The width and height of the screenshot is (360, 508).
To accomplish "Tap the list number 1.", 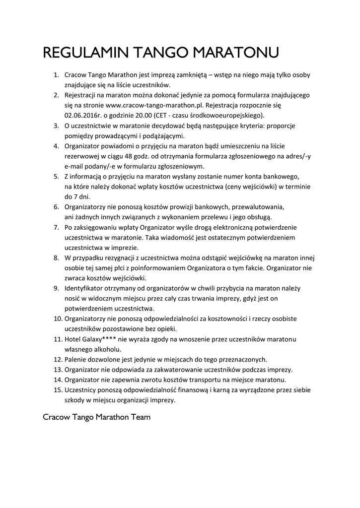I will [56, 75].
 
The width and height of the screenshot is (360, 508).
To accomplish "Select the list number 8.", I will [56, 258].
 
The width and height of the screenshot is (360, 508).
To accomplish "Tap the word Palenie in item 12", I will [76, 359].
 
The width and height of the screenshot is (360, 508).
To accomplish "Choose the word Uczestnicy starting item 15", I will [82, 390].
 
